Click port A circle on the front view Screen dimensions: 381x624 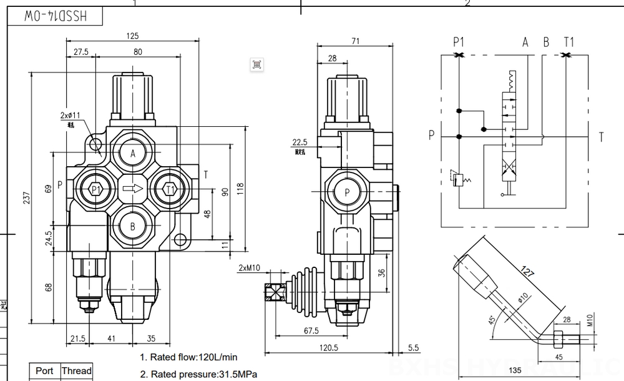[132, 154]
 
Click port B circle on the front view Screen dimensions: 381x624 [132, 226]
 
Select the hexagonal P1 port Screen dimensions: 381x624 [95, 189]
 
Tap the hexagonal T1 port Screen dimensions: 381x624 [170, 189]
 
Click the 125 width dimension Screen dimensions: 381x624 [132, 35]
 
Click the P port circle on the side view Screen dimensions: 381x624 [345, 192]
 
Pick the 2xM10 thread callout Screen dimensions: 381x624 [249, 268]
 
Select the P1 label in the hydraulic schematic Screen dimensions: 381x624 [459, 42]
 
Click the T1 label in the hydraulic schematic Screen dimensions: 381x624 [568, 42]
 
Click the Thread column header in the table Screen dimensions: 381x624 [76, 370]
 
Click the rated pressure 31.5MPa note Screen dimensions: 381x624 [198, 375]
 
